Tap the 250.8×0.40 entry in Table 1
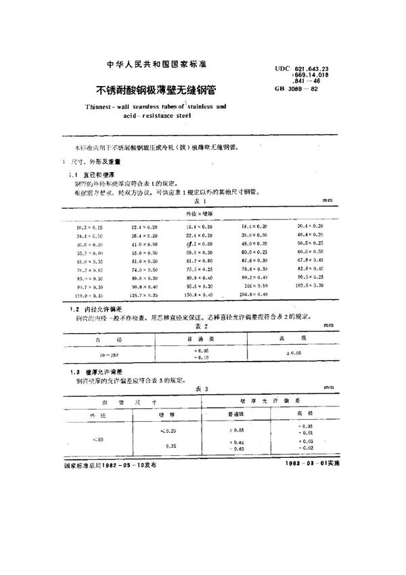(258, 295)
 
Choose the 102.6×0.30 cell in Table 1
(311, 286)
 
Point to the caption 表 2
(200, 325)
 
